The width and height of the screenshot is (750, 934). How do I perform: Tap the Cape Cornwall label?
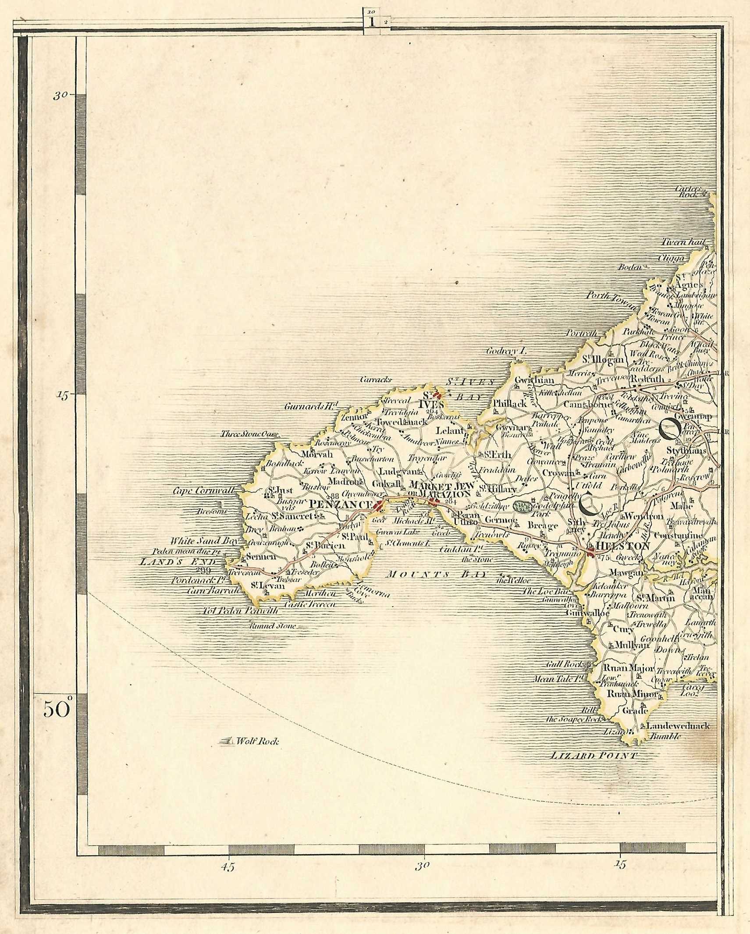coord(204,490)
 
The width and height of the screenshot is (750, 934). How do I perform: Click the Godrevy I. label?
coord(506,351)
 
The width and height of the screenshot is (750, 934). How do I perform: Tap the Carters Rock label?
coord(691,192)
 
